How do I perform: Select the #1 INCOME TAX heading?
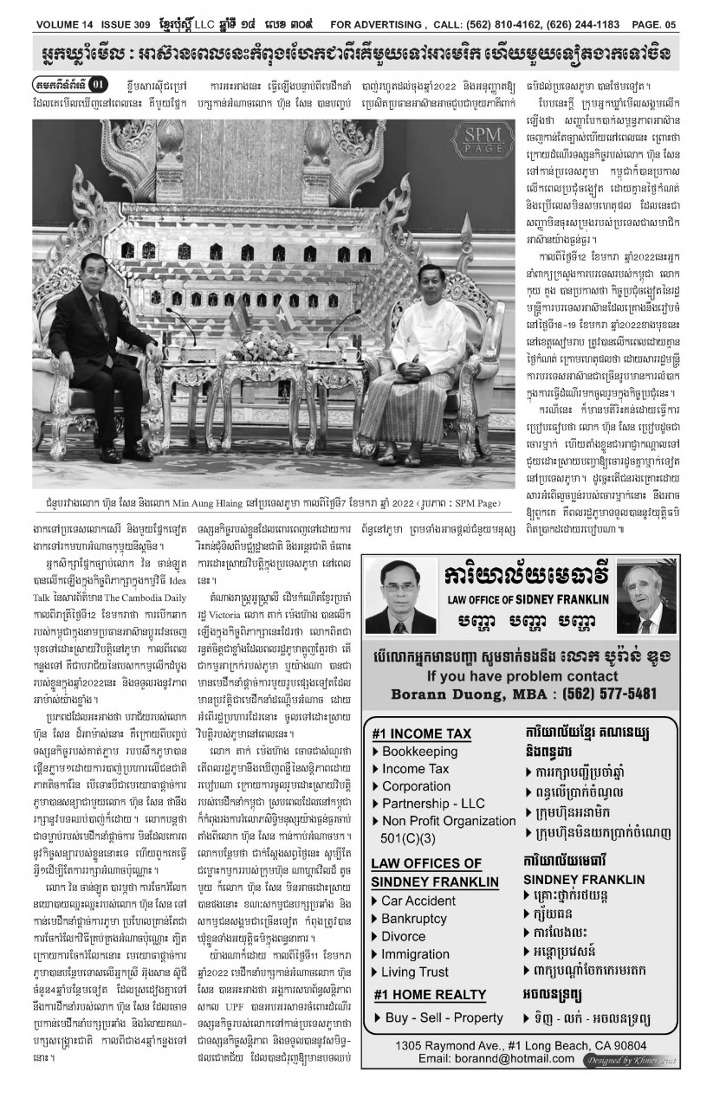(x=421, y=733)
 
